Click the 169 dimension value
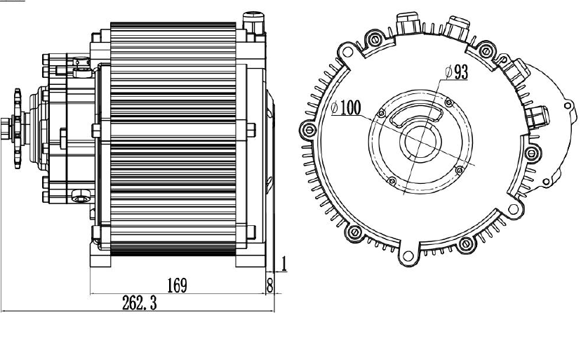tap(176, 285)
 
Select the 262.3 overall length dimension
tap(138, 302)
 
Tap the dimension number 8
tap(269, 284)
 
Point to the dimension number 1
tap(284, 265)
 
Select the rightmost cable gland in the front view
tap(537, 116)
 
